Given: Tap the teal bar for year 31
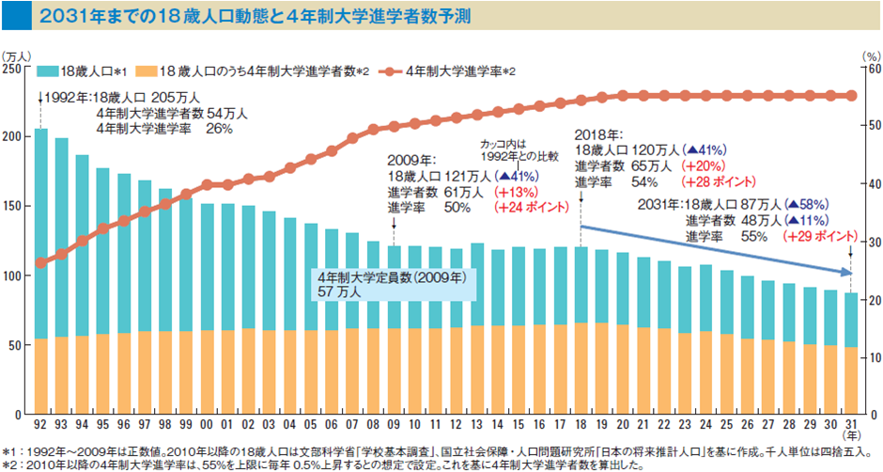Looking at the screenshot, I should tap(850, 320).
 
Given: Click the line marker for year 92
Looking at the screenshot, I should tap(40, 263).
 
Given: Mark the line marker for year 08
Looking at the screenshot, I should tap(373, 129).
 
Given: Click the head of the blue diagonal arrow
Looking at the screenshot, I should tap(848, 273).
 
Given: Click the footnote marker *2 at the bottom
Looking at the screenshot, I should tap(8, 464).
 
